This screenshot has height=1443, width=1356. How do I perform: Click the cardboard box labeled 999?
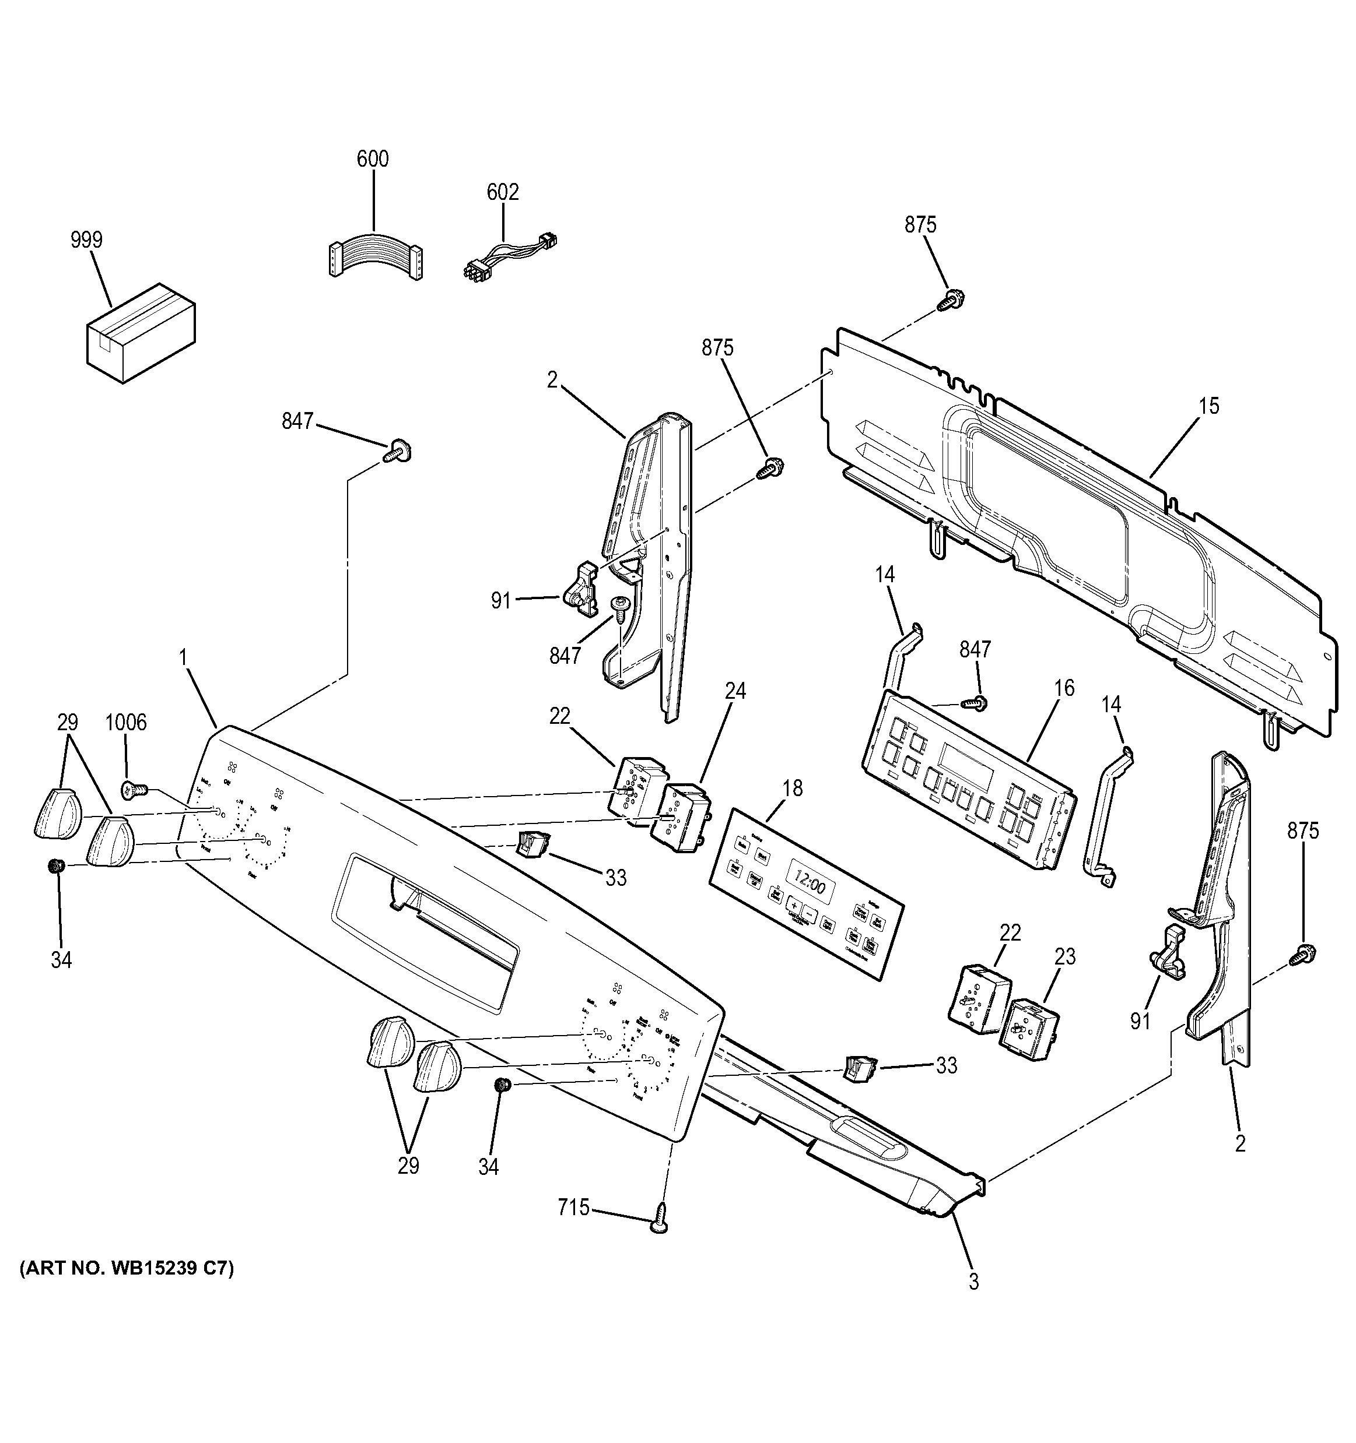[x=141, y=335]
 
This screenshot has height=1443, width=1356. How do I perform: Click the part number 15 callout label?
[x=1208, y=406]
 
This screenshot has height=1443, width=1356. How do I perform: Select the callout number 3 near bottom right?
[x=973, y=1282]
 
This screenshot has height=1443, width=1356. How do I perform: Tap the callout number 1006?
[x=125, y=722]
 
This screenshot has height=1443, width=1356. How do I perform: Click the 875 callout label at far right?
[x=1303, y=830]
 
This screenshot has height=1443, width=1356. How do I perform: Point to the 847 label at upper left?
[x=297, y=420]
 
